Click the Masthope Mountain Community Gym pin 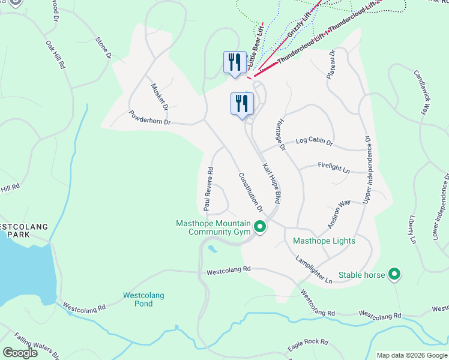pyautogui.click(x=260, y=227)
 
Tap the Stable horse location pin pyautogui.click(x=394, y=275)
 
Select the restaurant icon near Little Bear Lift pyautogui.click(x=233, y=62)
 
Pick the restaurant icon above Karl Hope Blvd pyautogui.click(x=242, y=103)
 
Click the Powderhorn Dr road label pyautogui.click(x=150, y=118)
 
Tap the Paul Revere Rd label pyautogui.click(x=208, y=189)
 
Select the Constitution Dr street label pyautogui.click(x=251, y=192)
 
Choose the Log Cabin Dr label pyautogui.click(x=315, y=142)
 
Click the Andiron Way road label pyautogui.click(x=339, y=214)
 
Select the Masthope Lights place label pyautogui.click(x=324, y=241)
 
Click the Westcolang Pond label pyautogui.click(x=143, y=299)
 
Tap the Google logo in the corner pyautogui.click(x=20, y=352)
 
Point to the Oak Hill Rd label pyautogui.click(x=55, y=55)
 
